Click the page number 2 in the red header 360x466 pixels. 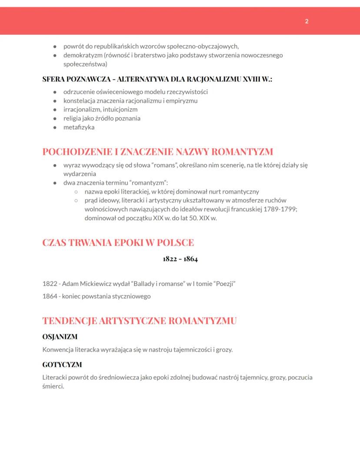coord(307,21)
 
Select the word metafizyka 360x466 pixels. coord(79,127)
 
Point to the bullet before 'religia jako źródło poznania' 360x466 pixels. coord(55,118)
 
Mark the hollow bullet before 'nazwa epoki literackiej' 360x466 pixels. coord(76,191)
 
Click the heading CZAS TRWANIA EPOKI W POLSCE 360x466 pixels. coord(118,243)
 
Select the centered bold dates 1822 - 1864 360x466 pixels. coord(180,259)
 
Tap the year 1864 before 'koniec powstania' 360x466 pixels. coord(50,296)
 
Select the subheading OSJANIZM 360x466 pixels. coord(60,337)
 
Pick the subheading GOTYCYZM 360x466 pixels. coord(62,365)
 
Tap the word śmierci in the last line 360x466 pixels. coord(53,386)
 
